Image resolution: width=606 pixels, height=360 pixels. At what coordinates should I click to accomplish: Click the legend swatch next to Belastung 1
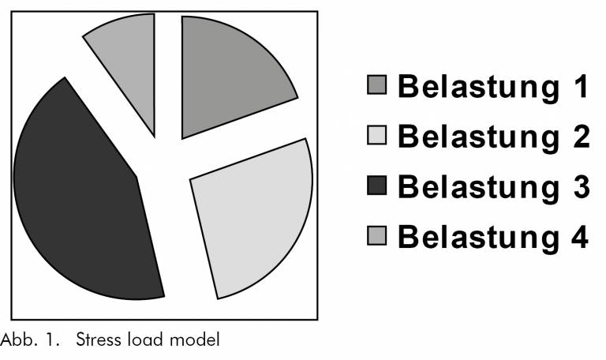pos(378,85)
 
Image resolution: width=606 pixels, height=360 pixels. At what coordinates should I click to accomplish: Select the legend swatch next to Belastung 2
pos(378,136)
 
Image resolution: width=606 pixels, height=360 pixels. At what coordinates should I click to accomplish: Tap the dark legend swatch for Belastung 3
pos(378,186)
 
